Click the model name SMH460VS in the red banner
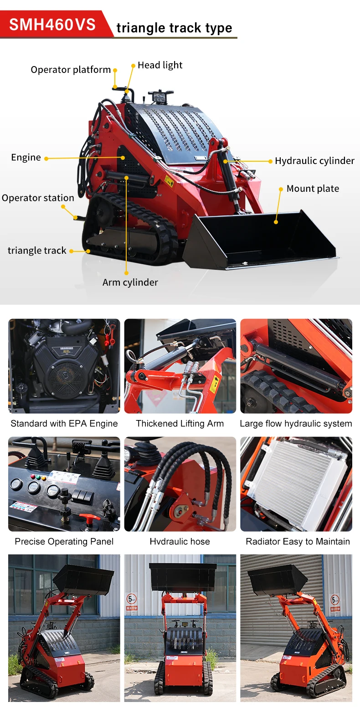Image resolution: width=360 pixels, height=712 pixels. [x=52, y=24]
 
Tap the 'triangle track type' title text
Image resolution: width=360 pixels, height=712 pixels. [x=174, y=28]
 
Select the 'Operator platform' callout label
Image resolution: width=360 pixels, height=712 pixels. [x=71, y=70]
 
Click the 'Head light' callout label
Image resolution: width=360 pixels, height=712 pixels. [x=160, y=65]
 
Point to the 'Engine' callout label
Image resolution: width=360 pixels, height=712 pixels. [x=26, y=158]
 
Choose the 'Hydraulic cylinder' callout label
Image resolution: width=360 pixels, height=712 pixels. [x=314, y=161]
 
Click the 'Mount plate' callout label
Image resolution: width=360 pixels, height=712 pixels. [x=313, y=189]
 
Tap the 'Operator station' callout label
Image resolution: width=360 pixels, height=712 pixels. [x=38, y=198]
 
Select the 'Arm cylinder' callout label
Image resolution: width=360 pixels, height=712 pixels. [x=130, y=282]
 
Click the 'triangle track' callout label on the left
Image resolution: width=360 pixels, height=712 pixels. [x=37, y=251]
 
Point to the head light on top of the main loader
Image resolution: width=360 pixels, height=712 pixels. [x=160, y=97]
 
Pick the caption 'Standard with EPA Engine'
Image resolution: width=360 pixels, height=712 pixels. [x=64, y=424]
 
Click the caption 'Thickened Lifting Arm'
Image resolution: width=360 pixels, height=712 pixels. [x=180, y=424]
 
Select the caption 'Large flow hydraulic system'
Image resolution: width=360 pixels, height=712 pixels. [x=296, y=424]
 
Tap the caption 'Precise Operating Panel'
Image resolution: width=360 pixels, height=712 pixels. [x=64, y=542]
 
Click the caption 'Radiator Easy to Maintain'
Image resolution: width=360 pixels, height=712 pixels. [x=298, y=542]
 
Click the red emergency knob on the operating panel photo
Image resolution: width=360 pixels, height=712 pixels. [x=89, y=518]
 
